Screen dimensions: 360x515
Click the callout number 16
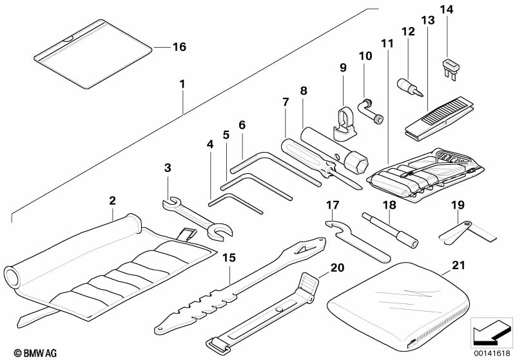point(179,47)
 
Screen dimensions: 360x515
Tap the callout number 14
point(446,9)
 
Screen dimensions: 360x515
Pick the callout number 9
point(342,68)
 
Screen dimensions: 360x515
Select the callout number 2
point(112,200)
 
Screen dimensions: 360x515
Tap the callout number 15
point(229,258)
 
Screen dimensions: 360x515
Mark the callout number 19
point(458,205)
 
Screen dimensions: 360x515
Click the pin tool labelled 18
point(389,229)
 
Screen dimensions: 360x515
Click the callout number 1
point(182,84)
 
